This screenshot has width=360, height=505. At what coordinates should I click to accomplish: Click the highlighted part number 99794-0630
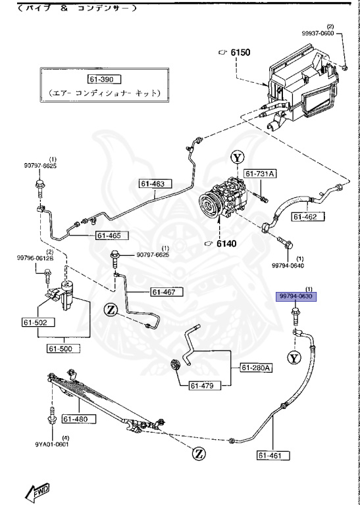click(296, 297)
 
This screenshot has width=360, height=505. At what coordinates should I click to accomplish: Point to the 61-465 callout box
click(111, 235)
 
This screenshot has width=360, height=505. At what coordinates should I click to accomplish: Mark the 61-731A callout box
click(261, 174)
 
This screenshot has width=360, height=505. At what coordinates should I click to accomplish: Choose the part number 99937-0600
click(336, 34)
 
